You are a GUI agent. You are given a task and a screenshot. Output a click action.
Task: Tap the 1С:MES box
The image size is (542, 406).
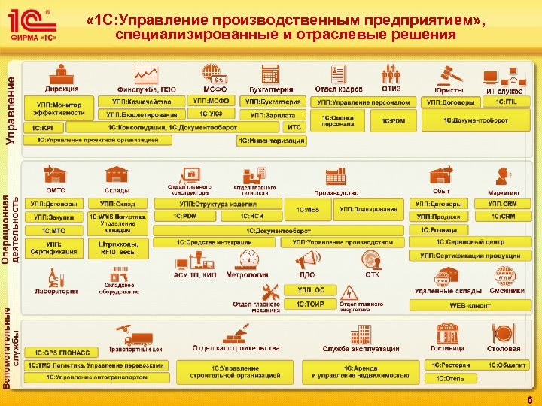tap(308, 209)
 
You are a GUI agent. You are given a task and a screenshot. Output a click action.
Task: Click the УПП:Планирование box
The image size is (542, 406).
tap(369, 209)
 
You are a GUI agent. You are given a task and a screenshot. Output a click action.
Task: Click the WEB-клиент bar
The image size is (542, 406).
tap(468, 305)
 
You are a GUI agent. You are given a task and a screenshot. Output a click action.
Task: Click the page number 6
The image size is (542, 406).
tap(530, 399)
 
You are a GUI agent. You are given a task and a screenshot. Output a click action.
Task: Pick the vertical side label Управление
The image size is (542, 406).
tap(10, 105)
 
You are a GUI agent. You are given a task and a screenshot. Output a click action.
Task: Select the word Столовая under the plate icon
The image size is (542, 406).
tap(503, 349)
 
